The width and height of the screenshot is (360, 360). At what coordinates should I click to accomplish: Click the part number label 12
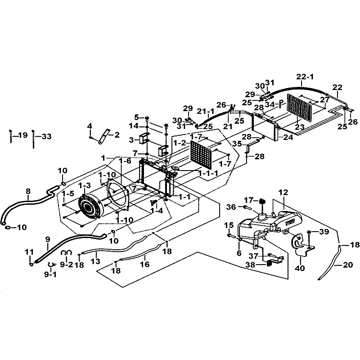tap(283, 193)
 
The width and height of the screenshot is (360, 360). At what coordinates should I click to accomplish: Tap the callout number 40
tap(299, 268)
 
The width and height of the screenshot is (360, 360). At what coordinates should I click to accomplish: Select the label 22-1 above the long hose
tap(306, 77)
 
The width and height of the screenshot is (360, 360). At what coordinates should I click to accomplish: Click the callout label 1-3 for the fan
tap(84, 185)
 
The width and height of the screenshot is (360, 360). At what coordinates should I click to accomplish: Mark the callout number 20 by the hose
tap(348, 265)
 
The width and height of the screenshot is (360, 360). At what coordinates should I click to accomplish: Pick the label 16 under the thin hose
tap(144, 265)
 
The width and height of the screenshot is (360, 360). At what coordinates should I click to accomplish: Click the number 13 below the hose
tap(95, 261)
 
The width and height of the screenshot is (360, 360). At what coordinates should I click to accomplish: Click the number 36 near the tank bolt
tap(231, 207)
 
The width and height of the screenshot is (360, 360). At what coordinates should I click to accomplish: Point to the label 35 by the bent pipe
tap(237, 144)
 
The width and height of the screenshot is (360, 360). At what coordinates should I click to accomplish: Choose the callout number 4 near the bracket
tap(90, 126)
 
